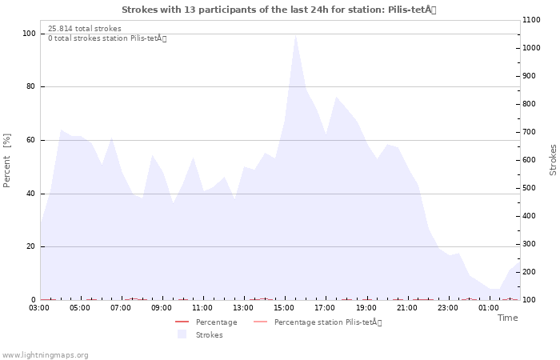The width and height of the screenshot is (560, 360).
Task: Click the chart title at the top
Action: (x=279, y=10)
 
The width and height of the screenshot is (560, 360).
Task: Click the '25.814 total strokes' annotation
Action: (x=85, y=29)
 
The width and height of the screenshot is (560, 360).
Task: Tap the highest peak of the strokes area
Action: (x=295, y=35)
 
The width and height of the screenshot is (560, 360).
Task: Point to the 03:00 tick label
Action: (x=39, y=308)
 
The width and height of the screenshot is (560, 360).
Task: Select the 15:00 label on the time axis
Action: (x=284, y=308)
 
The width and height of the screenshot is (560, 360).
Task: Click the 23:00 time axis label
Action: (x=448, y=308)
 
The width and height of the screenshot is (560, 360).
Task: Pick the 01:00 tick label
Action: (x=489, y=308)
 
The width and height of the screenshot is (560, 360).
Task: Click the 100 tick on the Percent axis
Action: (x=29, y=34)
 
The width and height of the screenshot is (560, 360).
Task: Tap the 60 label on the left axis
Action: (x=31, y=140)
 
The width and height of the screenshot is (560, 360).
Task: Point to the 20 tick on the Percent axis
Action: (x=31, y=246)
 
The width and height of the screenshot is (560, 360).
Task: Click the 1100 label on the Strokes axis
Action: (x=531, y=20)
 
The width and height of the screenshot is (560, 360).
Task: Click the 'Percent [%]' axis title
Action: (x=6, y=160)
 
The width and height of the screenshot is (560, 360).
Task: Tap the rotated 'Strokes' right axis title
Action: (x=553, y=160)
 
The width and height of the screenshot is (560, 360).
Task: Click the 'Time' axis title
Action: (x=508, y=318)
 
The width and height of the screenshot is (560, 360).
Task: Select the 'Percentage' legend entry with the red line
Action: (x=206, y=322)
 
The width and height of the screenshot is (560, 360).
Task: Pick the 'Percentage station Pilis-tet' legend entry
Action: (x=318, y=322)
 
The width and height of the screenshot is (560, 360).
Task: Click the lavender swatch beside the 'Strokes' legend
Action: (x=182, y=334)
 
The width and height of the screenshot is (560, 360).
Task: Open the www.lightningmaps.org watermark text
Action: (x=45, y=355)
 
